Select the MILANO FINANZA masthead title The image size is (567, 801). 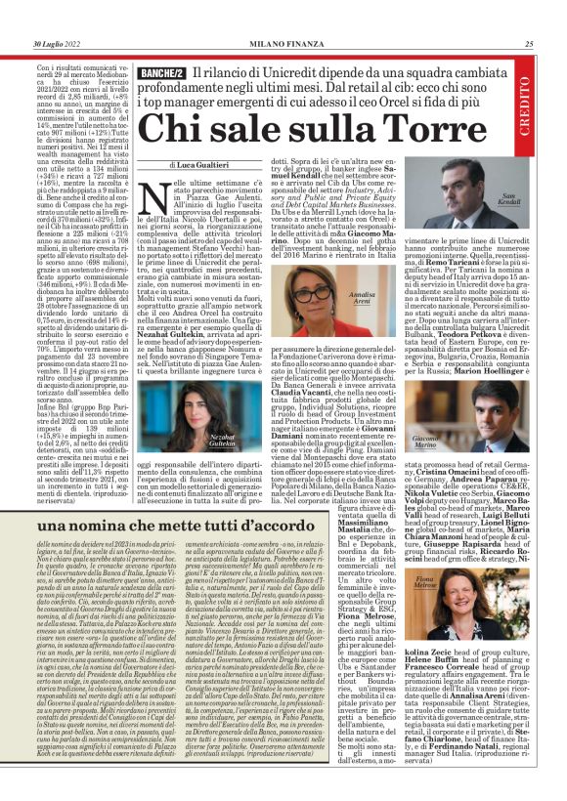pos(283,44)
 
